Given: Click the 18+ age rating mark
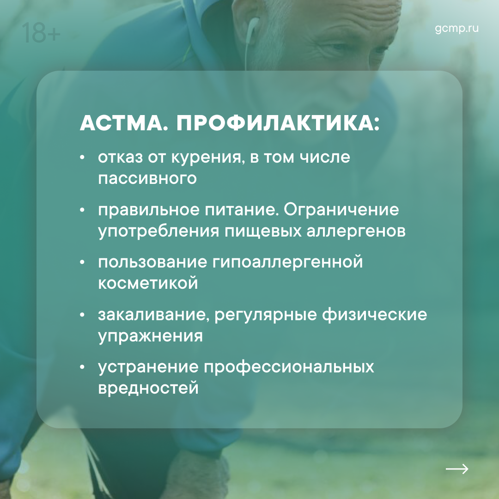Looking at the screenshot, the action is click(x=41, y=32).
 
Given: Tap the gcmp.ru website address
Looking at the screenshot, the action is click(x=456, y=28).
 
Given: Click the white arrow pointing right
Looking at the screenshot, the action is click(x=457, y=469).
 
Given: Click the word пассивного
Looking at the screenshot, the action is click(x=147, y=178).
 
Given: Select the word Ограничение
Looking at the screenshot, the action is click(x=341, y=210).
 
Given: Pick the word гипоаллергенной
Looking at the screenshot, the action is click(x=287, y=262).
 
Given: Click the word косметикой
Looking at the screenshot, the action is click(x=148, y=283).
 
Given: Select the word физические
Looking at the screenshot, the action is click(x=375, y=315).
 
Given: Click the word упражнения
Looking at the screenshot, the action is click(x=150, y=336).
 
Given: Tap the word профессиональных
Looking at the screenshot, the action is click(x=289, y=367).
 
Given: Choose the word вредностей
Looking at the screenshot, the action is click(x=148, y=388).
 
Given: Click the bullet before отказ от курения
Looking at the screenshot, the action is click(x=82, y=157).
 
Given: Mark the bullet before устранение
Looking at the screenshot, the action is click(x=82, y=367).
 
